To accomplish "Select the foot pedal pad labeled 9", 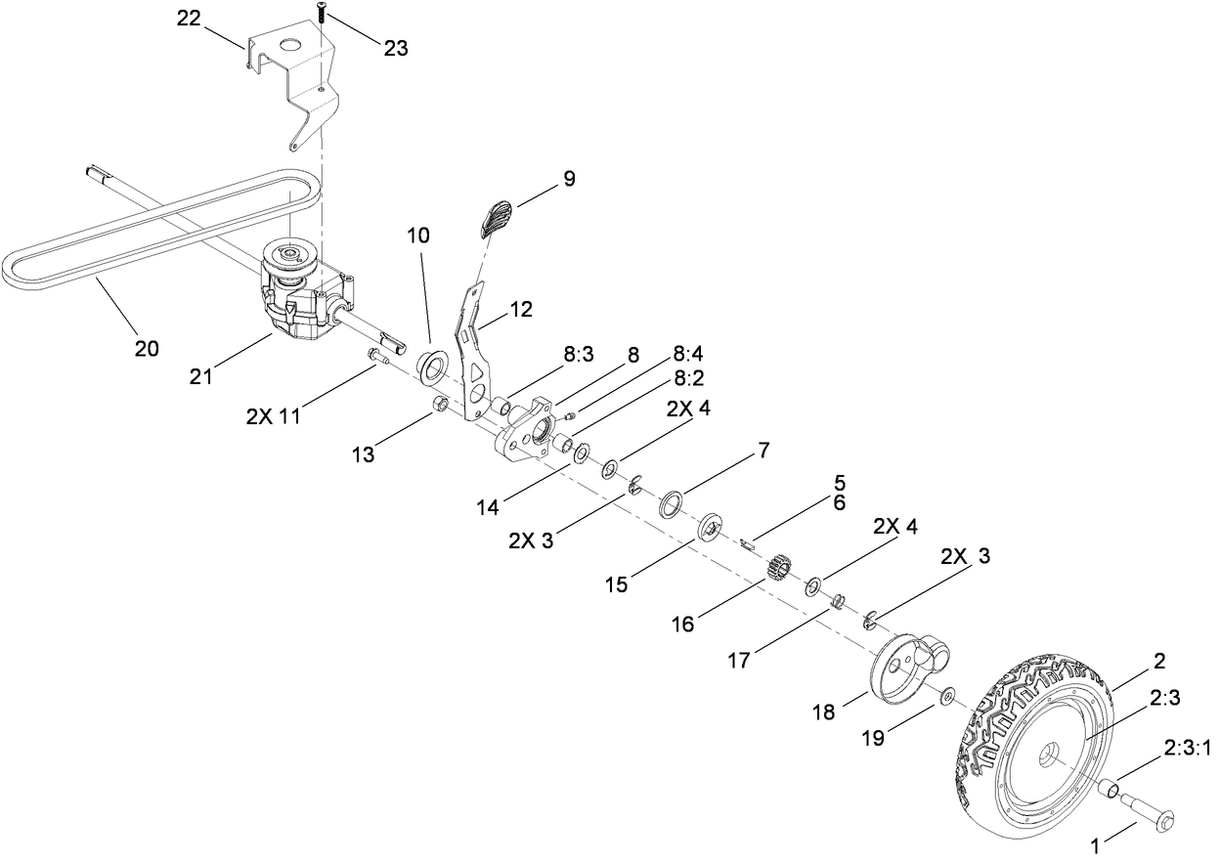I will (x=498, y=216).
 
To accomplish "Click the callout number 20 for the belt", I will (x=146, y=348).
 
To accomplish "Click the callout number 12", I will (x=521, y=309).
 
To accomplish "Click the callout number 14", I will (x=487, y=506).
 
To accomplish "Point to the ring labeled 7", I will (x=672, y=503).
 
